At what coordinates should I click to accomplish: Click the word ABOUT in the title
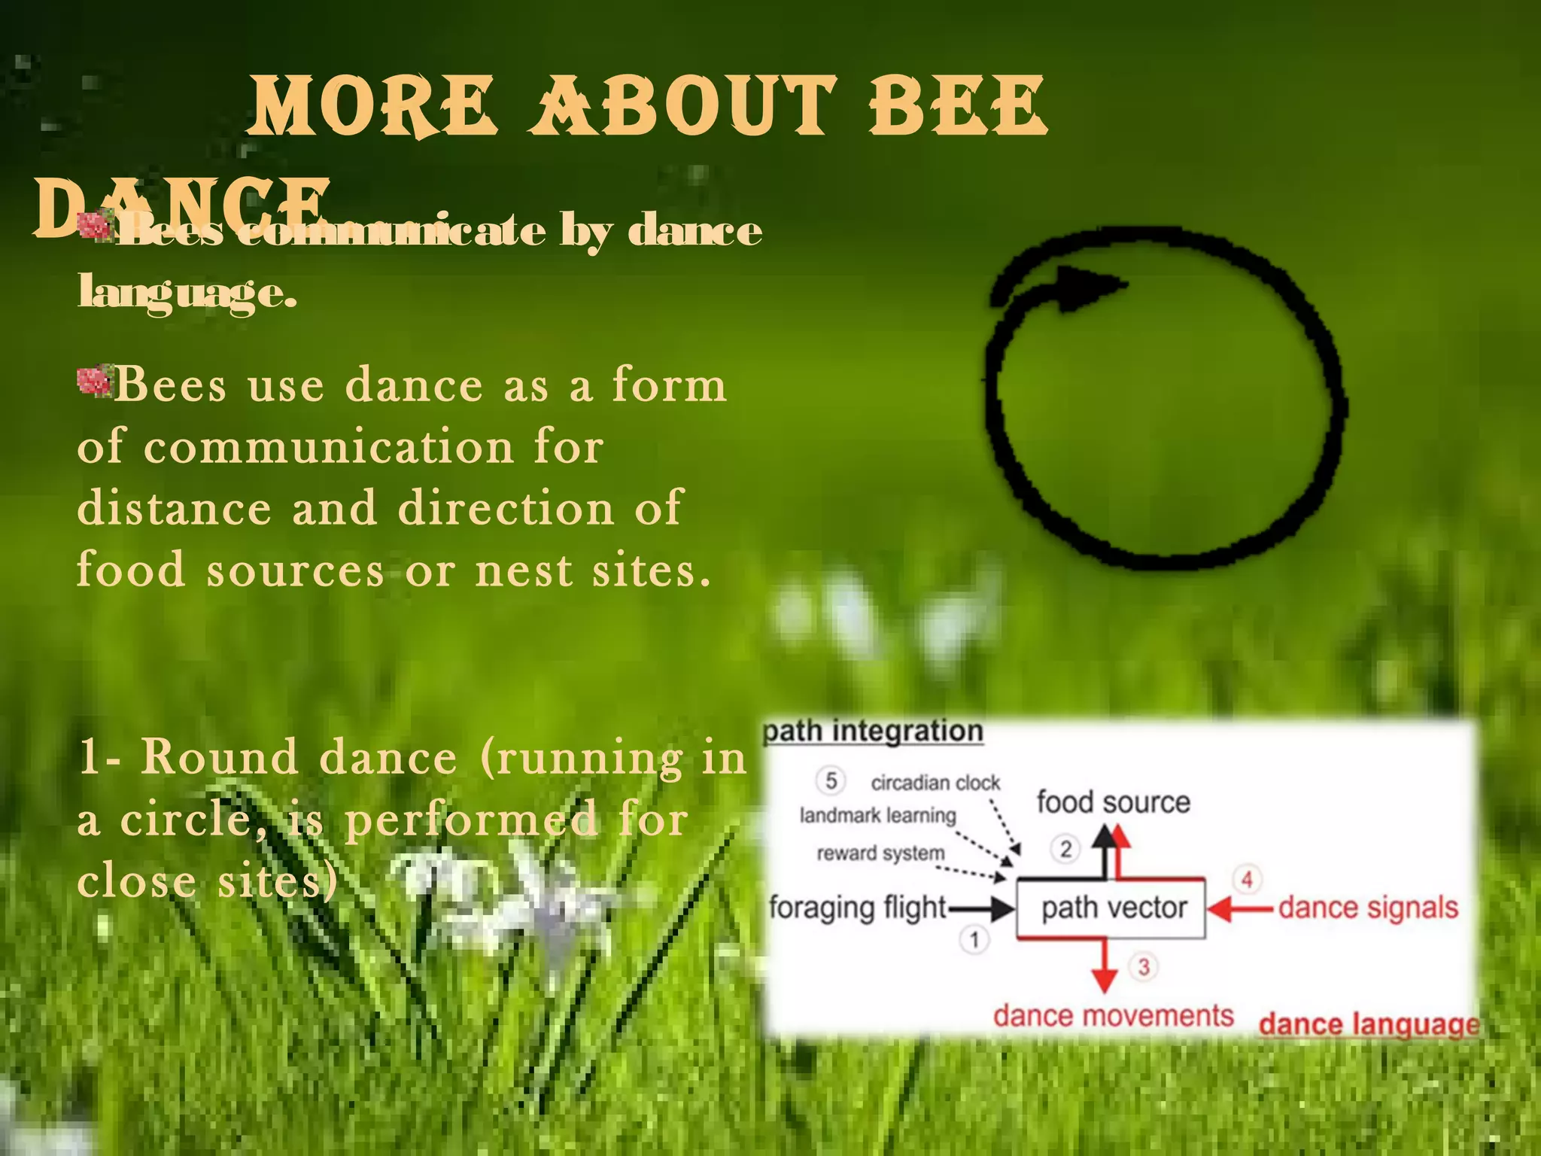[683, 107]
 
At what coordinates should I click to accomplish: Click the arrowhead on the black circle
[1091, 289]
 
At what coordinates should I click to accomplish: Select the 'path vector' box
[1112, 908]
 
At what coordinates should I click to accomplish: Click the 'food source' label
[1113, 802]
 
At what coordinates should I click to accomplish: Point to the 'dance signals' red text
[1368, 908]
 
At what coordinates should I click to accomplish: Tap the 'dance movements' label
[1113, 1016]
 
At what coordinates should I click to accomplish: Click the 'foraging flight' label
[858, 908]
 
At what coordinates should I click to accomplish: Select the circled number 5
[831, 780]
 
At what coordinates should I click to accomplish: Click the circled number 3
[1144, 966]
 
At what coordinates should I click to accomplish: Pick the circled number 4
[1247, 879]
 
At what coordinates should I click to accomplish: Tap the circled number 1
[974, 939]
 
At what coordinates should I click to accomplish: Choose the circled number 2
[1065, 849]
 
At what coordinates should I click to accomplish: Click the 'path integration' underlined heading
[873, 731]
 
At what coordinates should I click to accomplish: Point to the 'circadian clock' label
[935, 783]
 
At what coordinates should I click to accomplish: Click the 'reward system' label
[880, 853]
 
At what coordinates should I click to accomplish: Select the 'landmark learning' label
[877, 816]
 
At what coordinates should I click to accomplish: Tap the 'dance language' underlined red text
[1369, 1024]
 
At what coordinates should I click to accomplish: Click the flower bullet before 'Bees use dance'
[96, 381]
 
